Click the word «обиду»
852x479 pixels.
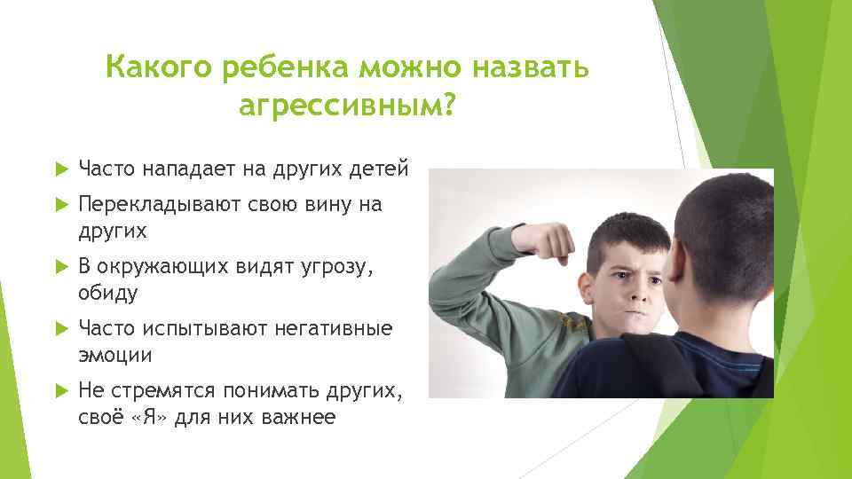111,293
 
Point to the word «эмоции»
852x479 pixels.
115,355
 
